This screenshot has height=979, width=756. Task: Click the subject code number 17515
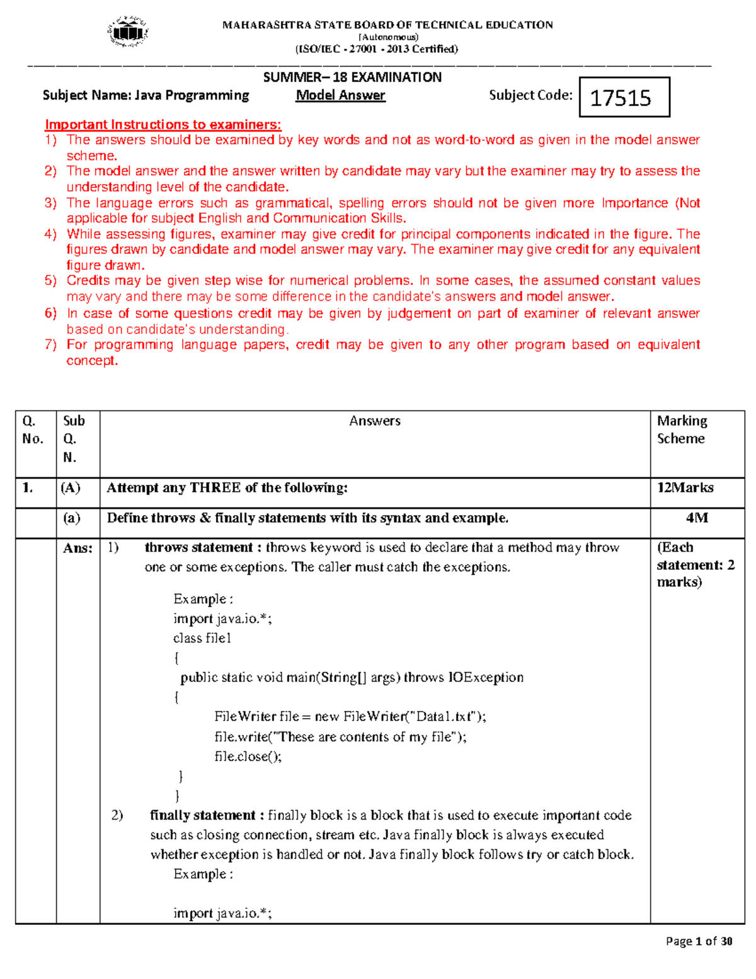pyautogui.click(x=621, y=98)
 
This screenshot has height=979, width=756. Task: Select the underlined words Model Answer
pyautogui.click(x=340, y=95)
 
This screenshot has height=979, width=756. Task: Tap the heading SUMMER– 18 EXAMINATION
pyautogui.click(x=352, y=78)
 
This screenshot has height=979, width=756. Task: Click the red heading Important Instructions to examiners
pyautogui.click(x=163, y=124)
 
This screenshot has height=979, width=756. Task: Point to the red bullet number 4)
pyautogui.click(x=50, y=234)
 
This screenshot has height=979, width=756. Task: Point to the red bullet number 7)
pyautogui.click(x=50, y=344)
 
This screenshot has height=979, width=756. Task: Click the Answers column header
pyautogui.click(x=375, y=421)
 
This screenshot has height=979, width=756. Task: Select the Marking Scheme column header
pyautogui.click(x=682, y=429)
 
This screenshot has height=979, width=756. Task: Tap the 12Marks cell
pyautogui.click(x=685, y=487)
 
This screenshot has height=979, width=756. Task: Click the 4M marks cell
pyautogui.click(x=697, y=518)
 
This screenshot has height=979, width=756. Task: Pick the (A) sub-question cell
pyautogui.click(x=70, y=487)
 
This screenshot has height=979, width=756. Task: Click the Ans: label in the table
pyautogui.click(x=77, y=548)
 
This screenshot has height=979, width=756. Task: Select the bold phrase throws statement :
pyautogui.click(x=203, y=547)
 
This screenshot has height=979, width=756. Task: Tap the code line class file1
pyautogui.click(x=202, y=638)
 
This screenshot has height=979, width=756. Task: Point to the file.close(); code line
pyautogui.click(x=248, y=756)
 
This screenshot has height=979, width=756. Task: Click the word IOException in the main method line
pyautogui.click(x=486, y=677)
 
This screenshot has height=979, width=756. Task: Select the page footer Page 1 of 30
pyautogui.click(x=699, y=941)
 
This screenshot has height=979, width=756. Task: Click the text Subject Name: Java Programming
pyautogui.click(x=146, y=95)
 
